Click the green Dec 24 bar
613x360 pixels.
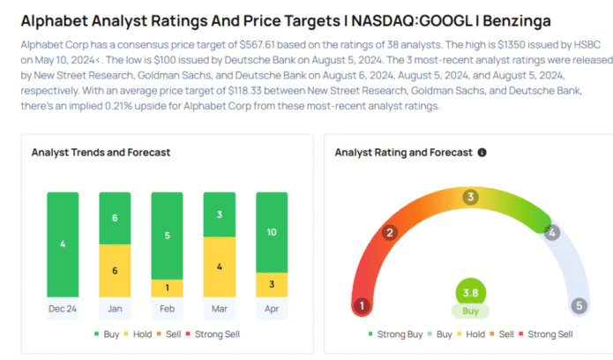pos(63,244)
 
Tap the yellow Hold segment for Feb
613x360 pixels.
pos(168,288)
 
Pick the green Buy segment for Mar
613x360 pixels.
pos(220,214)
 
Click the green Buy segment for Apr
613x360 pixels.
pos(272,232)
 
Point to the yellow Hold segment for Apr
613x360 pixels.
pos(272,284)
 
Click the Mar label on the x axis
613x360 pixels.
pos(220,308)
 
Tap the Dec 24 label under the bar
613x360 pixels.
pos(63,308)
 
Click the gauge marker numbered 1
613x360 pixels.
pos(362,306)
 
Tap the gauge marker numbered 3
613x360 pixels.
pos(471,198)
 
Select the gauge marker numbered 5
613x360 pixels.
pos(579,306)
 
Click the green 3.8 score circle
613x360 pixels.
pos(470,293)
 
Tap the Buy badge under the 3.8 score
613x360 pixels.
pos(470,311)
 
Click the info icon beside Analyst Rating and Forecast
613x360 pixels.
pos(482,153)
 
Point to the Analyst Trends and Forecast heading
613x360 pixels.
pos(101,153)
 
